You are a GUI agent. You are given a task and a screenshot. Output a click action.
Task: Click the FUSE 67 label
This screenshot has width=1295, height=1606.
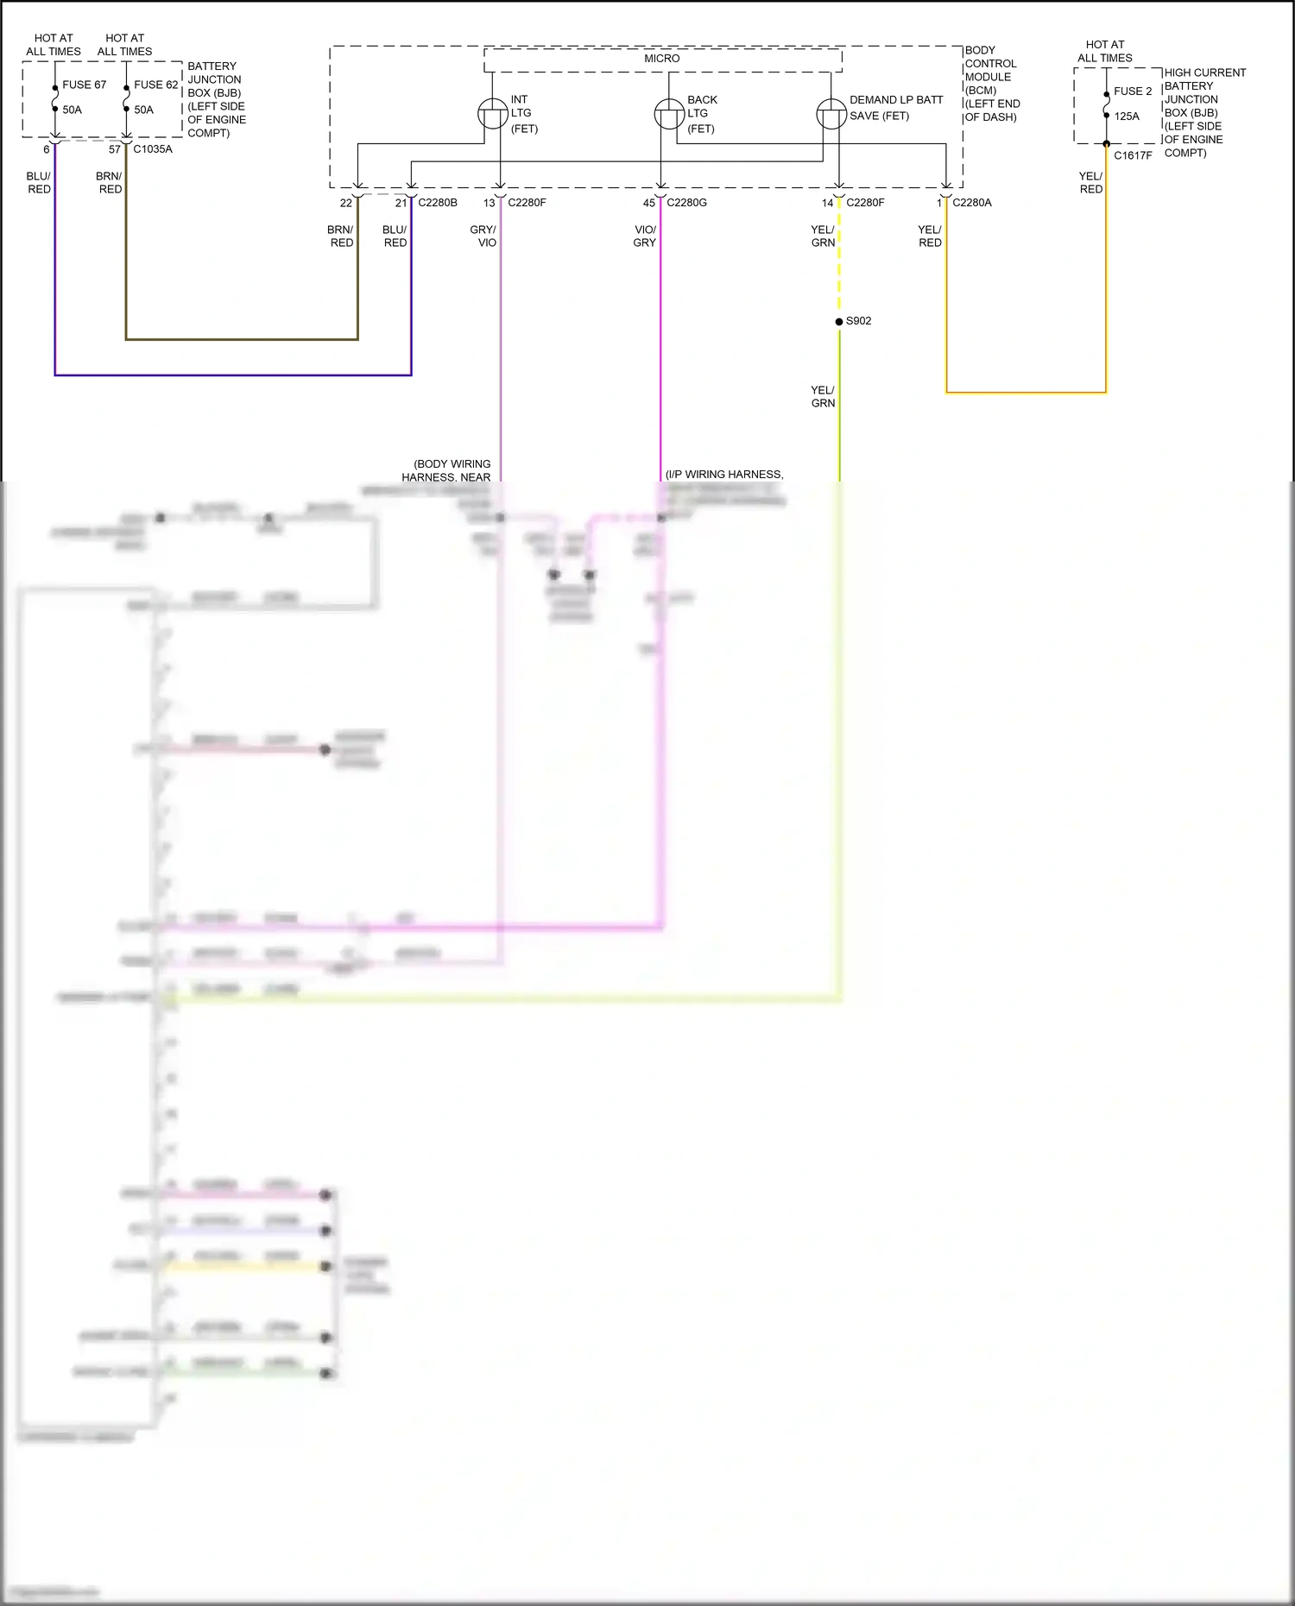[84, 85]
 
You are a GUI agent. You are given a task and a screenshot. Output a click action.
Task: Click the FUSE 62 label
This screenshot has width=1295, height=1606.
[155, 85]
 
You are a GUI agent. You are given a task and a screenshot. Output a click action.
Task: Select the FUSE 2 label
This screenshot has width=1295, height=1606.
[1133, 91]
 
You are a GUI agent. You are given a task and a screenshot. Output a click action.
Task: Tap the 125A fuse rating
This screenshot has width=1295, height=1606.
[1126, 116]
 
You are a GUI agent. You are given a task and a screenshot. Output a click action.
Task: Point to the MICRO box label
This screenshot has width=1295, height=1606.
[661, 59]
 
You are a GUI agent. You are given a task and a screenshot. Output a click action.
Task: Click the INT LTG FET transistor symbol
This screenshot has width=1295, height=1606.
[493, 114]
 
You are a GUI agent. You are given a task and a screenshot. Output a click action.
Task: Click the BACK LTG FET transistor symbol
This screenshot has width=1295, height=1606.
[669, 114]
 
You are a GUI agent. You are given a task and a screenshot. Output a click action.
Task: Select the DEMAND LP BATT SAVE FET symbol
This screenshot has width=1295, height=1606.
[831, 114]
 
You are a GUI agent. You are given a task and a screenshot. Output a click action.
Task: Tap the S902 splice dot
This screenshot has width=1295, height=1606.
[839, 321]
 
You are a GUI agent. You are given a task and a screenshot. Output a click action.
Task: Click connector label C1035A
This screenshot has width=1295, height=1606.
[153, 149]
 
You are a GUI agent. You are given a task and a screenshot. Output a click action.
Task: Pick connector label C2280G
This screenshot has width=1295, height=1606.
[686, 203]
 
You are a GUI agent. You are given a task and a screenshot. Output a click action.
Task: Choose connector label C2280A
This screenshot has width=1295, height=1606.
[972, 203]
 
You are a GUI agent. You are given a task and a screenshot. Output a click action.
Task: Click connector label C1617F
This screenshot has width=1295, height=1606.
[1133, 155]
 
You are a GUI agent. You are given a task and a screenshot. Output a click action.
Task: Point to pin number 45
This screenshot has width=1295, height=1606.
[648, 203]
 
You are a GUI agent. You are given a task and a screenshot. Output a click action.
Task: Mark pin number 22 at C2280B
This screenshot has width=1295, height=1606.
[345, 203]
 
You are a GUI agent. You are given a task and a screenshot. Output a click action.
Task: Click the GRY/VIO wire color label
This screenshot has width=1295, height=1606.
[483, 236]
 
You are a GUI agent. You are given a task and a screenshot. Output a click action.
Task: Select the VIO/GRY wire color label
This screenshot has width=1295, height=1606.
[645, 236]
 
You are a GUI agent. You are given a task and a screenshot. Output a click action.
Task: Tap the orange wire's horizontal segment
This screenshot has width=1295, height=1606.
[1026, 393]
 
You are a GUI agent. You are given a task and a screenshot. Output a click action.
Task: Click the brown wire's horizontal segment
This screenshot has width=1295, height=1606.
[242, 339]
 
